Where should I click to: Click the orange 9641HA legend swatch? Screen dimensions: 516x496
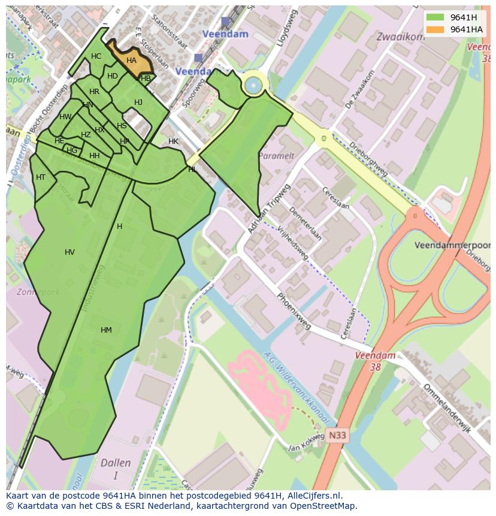pos(435,29)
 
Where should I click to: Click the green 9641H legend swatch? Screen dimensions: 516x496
pos(435,17)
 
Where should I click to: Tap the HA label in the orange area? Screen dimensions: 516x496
pos(131,61)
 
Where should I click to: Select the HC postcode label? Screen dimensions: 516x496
pos(96,56)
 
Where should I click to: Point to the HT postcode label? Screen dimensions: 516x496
pos(41,177)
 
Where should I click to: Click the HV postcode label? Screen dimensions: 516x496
pos(69,252)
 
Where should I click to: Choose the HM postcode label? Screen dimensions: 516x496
pos(106,330)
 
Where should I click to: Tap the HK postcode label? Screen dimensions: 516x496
pos(173,141)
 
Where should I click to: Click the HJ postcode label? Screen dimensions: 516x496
pos(138,102)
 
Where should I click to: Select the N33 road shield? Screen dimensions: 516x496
pos(337,436)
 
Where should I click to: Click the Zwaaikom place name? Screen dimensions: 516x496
pos(400,37)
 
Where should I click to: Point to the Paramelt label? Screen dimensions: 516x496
pos(276,156)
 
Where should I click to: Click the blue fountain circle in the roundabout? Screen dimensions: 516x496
pos(253,85)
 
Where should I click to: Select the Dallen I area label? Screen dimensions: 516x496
pos(115,469)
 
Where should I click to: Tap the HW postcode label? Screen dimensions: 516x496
pos(65,117)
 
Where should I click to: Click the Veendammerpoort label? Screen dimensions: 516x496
pos(452,246)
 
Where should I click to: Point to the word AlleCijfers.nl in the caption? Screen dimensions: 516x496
pos(311,496)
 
